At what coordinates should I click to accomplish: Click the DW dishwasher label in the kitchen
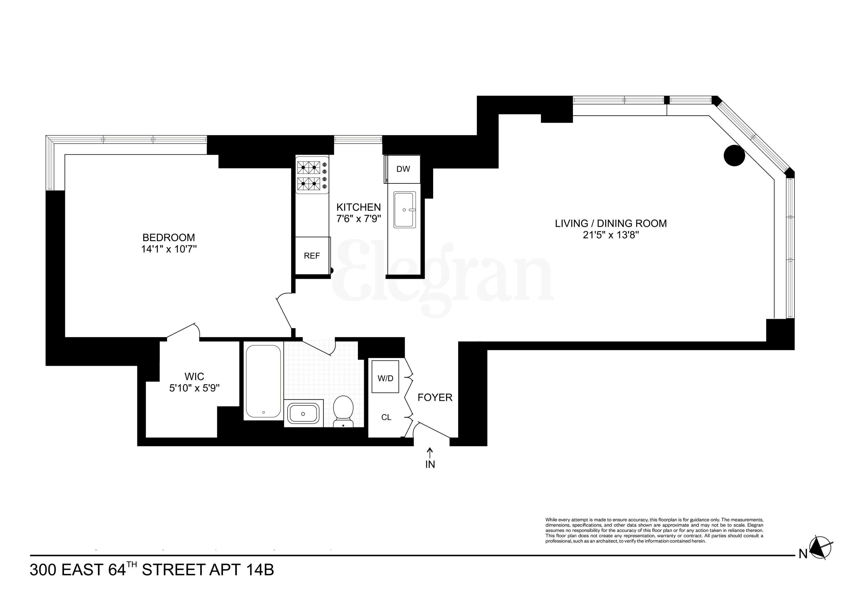(403, 169)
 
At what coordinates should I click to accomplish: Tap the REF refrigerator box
(312, 256)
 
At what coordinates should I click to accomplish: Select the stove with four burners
(312, 175)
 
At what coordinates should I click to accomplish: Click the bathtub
(263, 382)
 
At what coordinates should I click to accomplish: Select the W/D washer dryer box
(385, 378)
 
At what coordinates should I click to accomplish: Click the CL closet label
(386, 417)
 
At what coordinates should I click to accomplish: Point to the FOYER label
(435, 398)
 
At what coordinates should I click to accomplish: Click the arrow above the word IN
(430, 453)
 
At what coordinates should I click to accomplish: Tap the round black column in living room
(734, 155)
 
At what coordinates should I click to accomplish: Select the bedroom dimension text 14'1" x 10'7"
(169, 249)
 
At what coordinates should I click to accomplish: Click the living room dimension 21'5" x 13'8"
(611, 235)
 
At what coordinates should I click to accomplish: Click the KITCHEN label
(358, 207)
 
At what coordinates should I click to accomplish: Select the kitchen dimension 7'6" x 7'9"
(358, 219)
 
